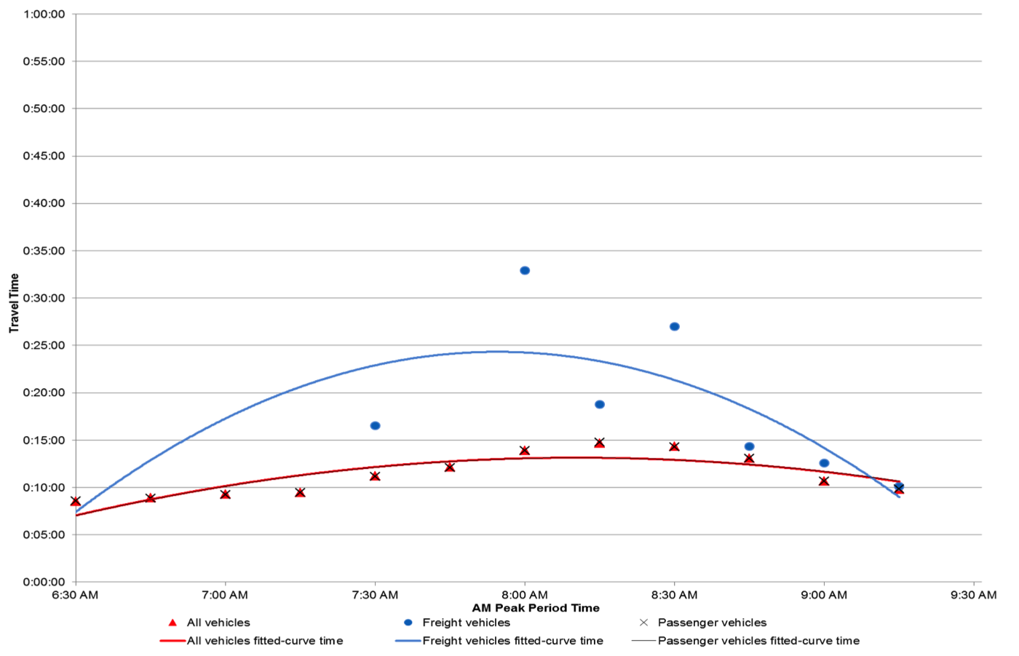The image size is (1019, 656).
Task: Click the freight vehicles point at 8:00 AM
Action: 525,271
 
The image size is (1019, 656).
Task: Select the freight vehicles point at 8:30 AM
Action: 675,327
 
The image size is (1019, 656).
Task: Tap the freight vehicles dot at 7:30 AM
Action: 375,426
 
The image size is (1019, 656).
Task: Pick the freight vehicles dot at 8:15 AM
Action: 600,405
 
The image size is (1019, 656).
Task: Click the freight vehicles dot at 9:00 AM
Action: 824,463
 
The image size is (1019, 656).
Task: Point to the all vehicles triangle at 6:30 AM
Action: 76,502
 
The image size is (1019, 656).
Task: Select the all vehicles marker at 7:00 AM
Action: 226,494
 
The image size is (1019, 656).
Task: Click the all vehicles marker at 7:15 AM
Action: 300,493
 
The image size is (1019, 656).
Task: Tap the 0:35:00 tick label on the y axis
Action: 44,251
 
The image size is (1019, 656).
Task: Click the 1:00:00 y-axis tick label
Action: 44,15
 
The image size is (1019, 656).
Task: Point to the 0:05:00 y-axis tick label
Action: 44,535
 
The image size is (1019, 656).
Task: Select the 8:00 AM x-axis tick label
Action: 525,596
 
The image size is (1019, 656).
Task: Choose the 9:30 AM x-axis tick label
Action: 973,596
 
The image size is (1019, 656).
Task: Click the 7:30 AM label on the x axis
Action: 375,596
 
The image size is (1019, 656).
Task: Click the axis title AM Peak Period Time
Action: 536,608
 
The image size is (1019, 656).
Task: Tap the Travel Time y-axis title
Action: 14,304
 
